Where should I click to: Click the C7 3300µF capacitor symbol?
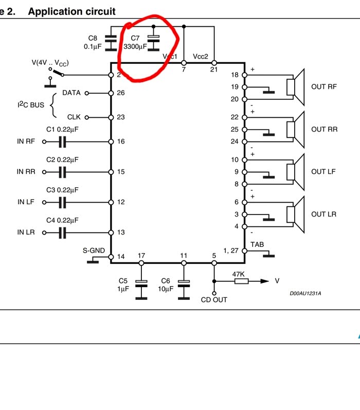153,40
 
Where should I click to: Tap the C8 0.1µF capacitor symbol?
110,39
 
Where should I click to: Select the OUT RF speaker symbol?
296,86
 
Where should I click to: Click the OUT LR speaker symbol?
296,213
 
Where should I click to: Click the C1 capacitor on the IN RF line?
62,141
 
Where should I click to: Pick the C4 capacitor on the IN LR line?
62,233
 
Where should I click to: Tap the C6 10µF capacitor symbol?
183,283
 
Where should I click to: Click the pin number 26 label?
121,93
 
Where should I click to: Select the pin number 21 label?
214,69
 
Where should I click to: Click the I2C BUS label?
30,104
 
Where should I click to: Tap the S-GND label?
94,251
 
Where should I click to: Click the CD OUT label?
214,299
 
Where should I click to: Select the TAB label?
257,244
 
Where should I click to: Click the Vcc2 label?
201,56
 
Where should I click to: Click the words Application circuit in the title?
72,11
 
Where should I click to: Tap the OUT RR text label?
325,129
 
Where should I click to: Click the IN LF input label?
26,202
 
